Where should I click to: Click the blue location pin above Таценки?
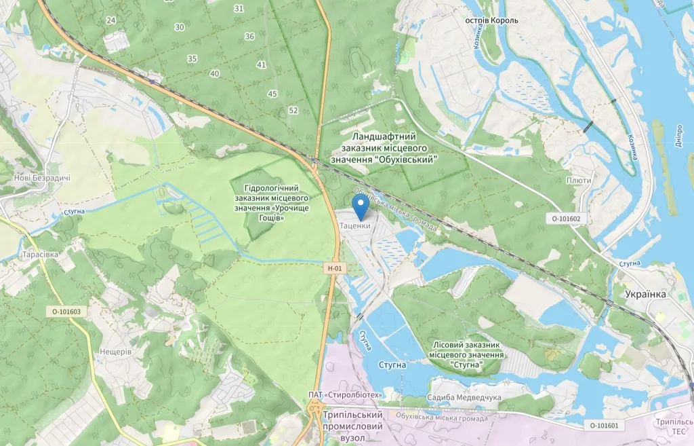point(361,206)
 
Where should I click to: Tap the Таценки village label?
point(355,225)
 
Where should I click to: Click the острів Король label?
point(491,20)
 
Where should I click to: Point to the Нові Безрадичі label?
point(42,179)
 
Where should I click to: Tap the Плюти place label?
point(580,181)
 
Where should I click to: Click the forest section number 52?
point(293,110)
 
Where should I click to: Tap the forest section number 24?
point(110,20)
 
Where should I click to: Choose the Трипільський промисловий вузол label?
point(353,426)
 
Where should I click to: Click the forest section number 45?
point(273,94)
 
